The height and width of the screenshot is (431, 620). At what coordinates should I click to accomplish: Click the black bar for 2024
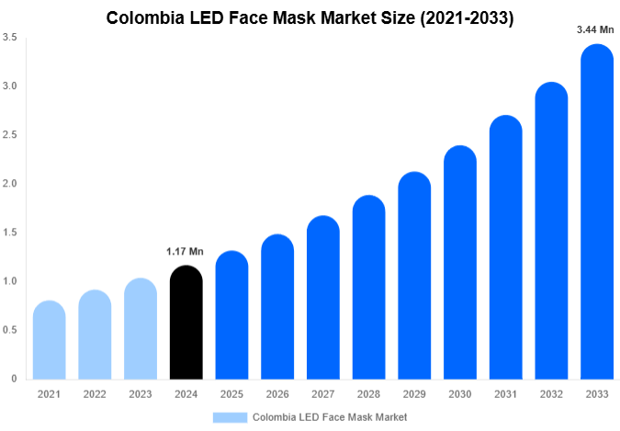186,323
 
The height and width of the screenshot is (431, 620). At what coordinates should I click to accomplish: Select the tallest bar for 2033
596,212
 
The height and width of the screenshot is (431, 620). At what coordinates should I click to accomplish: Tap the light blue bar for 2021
49,340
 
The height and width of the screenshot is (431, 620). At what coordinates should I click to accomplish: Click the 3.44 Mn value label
595,29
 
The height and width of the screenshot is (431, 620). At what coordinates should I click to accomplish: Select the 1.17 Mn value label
185,251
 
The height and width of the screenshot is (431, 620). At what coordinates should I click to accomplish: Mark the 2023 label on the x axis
140,394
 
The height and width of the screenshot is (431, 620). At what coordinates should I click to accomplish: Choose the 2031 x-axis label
504,394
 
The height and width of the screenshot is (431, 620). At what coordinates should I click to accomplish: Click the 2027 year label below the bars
322,394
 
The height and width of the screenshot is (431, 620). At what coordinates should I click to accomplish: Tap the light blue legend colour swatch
230,416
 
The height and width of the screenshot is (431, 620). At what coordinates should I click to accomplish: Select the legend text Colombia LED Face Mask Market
330,416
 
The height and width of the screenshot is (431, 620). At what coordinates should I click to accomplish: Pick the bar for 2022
95,335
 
